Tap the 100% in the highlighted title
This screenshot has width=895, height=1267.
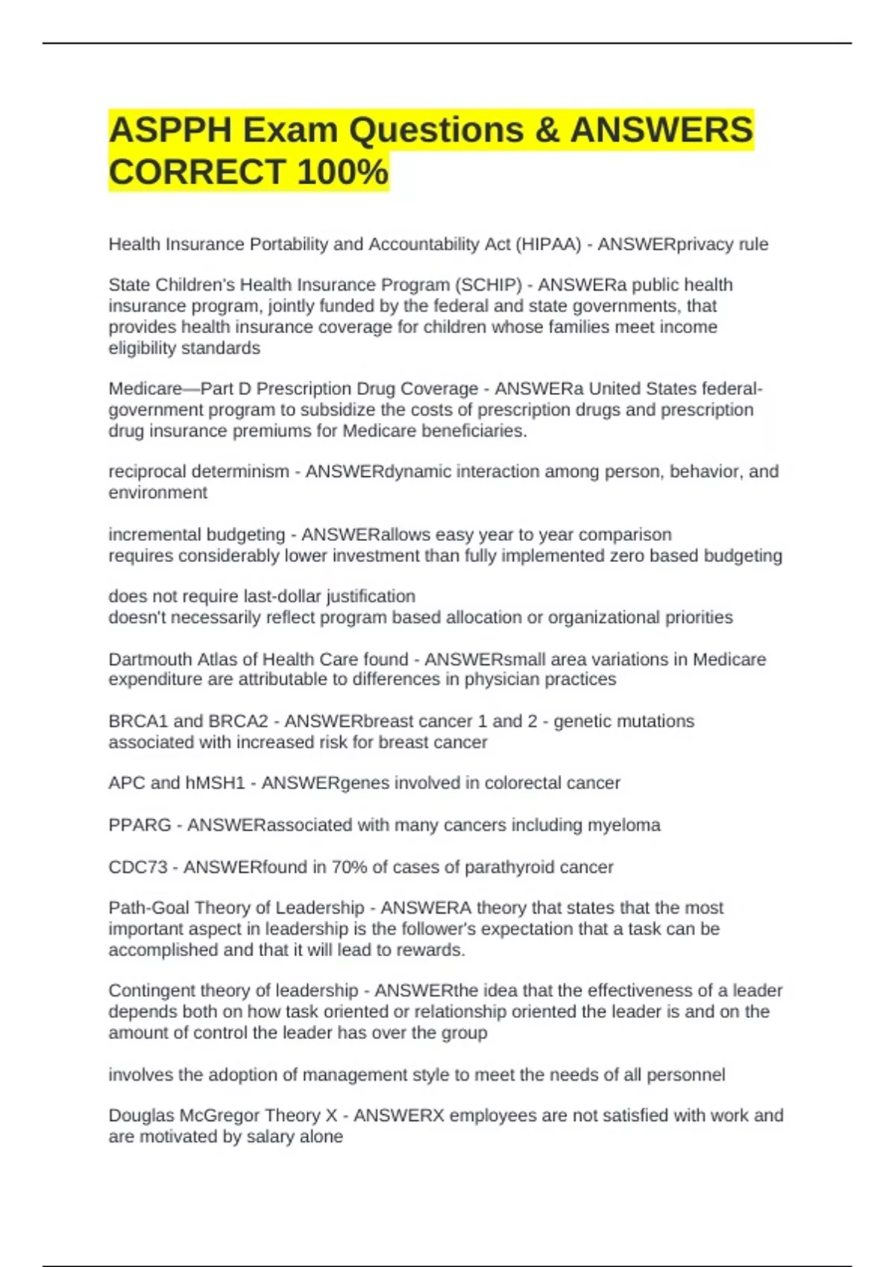[342, 171]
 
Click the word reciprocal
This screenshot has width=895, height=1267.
[148, 472]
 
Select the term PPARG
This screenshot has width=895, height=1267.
[139, 826]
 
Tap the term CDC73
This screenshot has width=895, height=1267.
[138, 868]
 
